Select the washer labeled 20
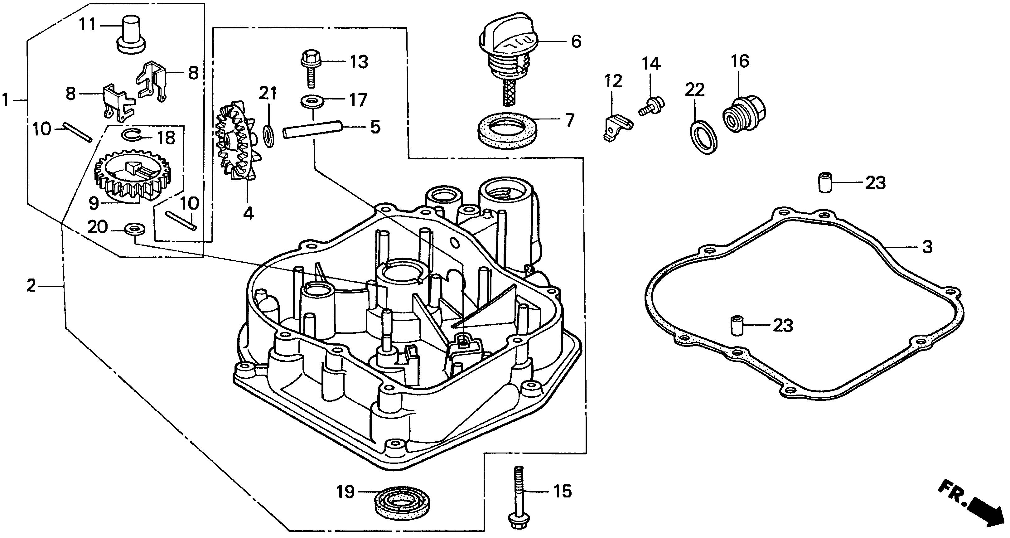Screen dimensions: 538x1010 134,228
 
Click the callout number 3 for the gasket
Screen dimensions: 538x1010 927,247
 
